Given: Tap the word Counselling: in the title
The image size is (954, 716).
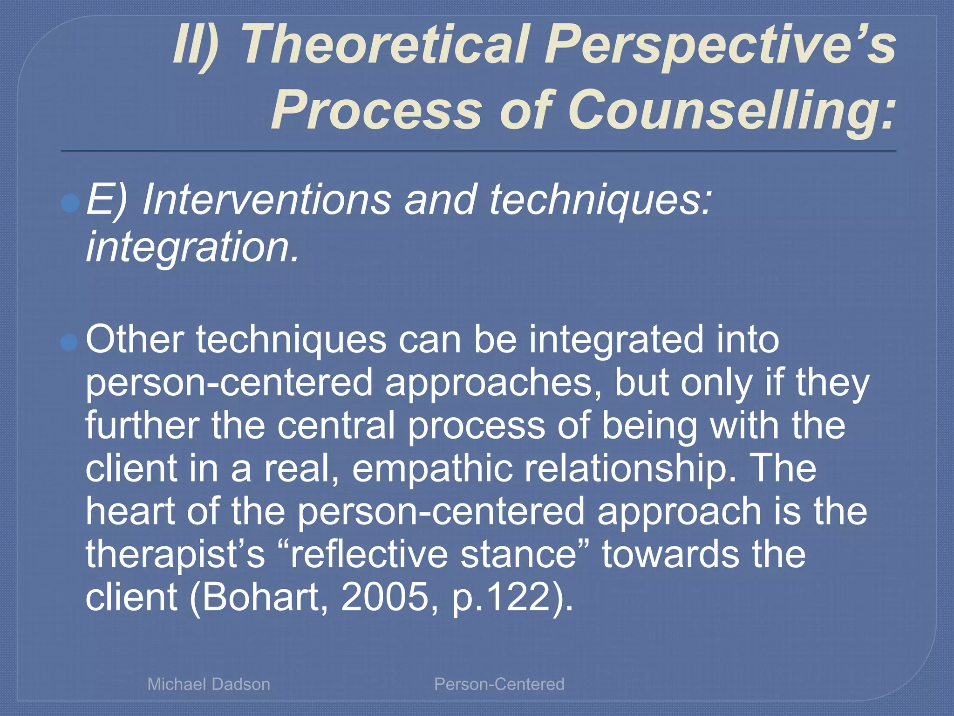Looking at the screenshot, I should coord(731,110).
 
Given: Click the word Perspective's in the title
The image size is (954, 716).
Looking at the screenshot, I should coord(720,45).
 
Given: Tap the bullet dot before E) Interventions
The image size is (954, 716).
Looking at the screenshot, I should coord(70,203).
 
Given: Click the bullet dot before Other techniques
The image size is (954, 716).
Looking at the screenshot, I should coord(69,343).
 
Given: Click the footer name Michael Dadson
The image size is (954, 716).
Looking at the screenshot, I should coord(209,684).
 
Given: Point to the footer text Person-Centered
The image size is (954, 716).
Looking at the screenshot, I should coord(499,684).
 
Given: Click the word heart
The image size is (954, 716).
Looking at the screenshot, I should coord(130,511).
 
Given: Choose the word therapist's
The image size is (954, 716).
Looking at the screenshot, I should coord(175,555).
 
